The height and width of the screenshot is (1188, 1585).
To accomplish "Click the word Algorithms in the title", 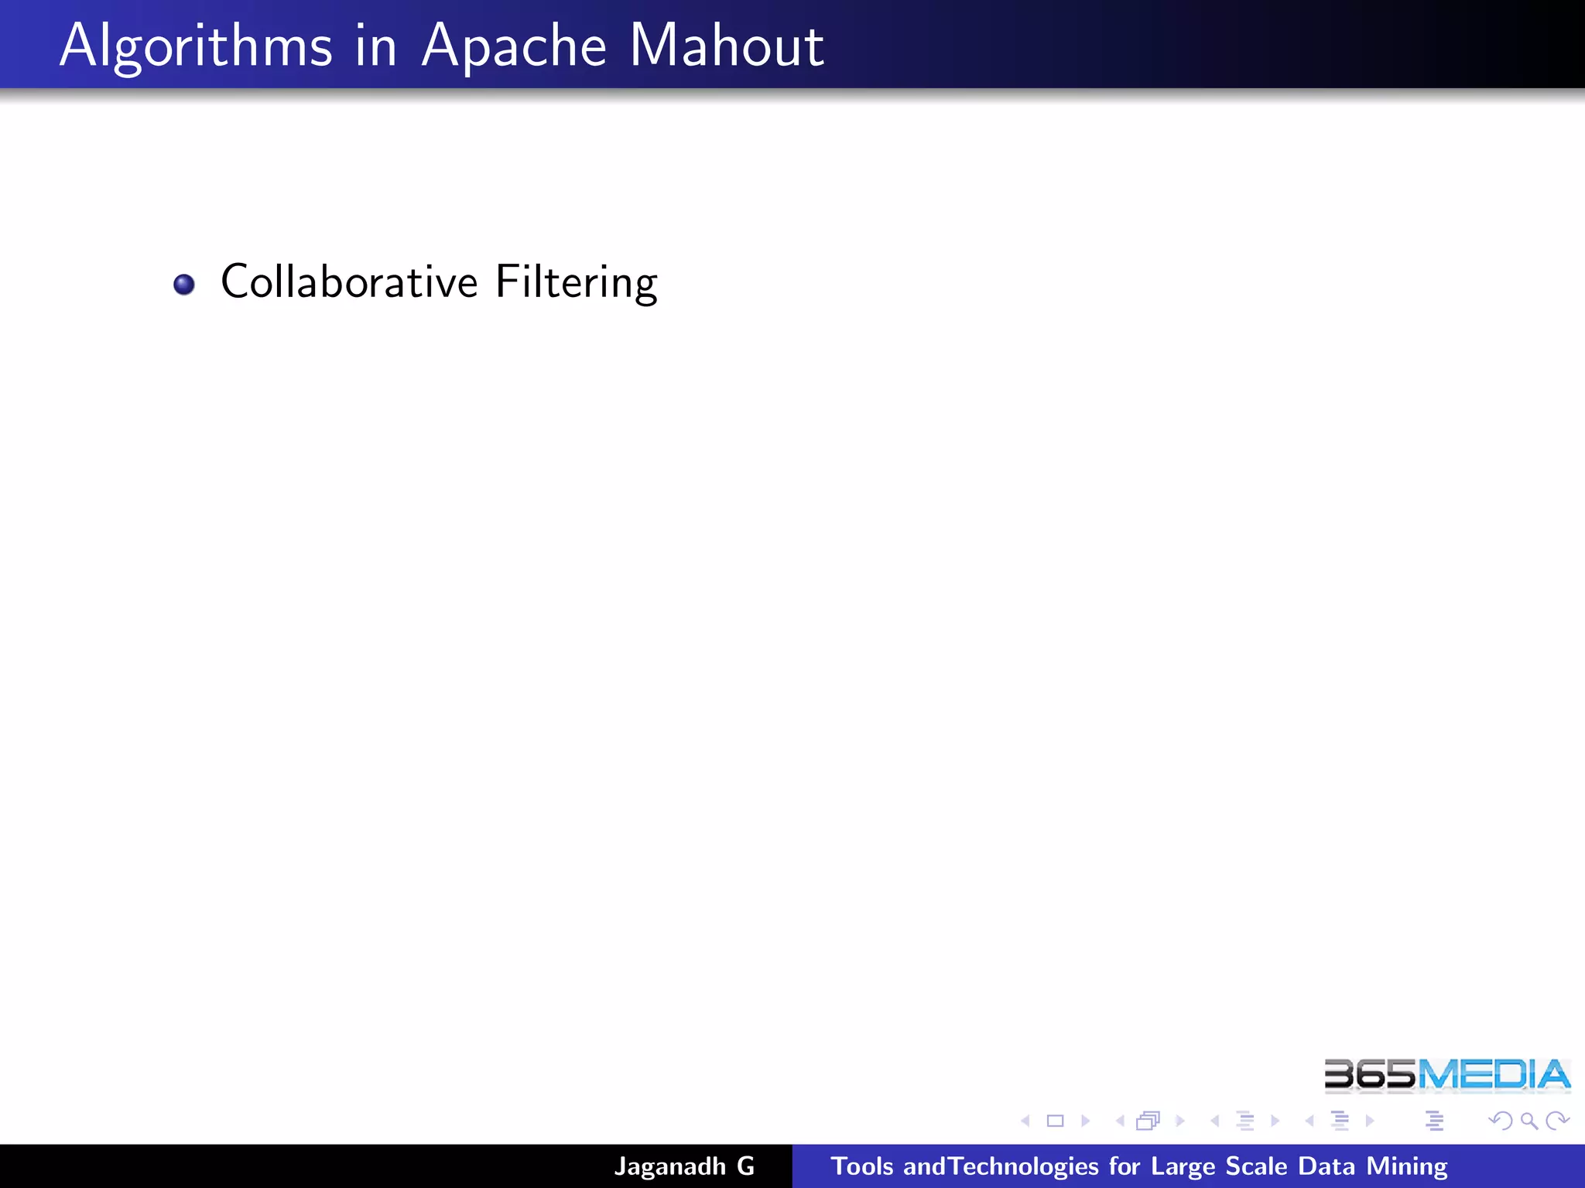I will tap(196, 46).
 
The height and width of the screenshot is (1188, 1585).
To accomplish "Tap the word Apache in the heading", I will tap(514, 46).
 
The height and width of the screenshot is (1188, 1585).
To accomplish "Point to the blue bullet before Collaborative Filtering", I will tap(184, 285).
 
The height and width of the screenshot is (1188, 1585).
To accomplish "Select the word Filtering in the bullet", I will tap(577, 282).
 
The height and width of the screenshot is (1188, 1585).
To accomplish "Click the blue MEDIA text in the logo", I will tap(1494, 1075).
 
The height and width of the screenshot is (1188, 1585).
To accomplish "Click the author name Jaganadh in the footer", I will tap(670, 1166).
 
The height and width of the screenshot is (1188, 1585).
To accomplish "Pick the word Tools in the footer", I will tap(862, 1166).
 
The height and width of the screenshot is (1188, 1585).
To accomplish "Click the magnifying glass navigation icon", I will tap(1529, 1121).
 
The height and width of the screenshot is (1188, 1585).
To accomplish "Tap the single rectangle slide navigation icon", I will tap(1056, 1121).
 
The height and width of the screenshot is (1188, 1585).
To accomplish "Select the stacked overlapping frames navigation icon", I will tap(1149, 1121).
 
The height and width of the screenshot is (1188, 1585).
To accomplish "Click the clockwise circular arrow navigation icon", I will tap(1556, 1120).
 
